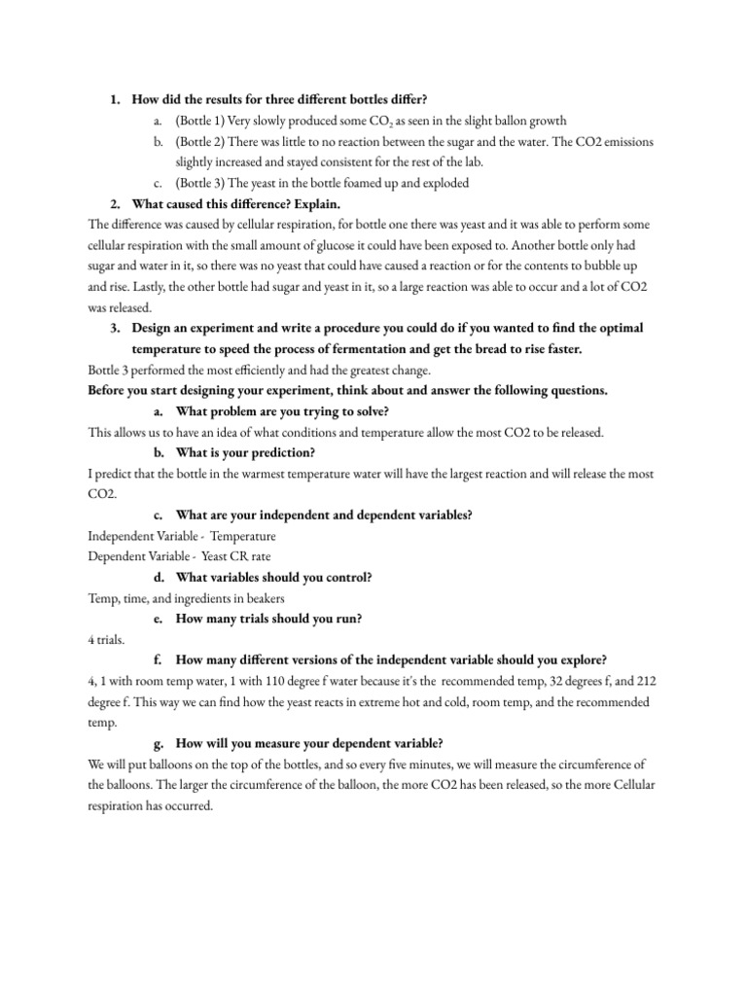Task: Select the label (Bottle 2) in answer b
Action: [200, 142]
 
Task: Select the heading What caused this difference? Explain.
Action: [233, 203]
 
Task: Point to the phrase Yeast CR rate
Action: [235, 556]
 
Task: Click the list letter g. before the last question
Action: [160, 743]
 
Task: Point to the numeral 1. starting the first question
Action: [114, 99]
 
